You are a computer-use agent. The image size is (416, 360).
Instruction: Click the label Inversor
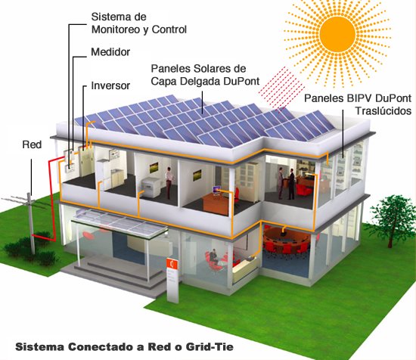tap(110, 85)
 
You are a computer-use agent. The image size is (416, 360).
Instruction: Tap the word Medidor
tap(110, 52)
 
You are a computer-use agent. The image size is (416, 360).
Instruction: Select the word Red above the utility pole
tap(32, 144)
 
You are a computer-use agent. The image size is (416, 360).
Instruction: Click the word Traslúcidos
tap(383, 110)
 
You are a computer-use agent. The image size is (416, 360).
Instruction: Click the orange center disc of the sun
tap(337, 34)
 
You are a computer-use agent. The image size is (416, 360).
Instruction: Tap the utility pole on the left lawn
tap(31, 223)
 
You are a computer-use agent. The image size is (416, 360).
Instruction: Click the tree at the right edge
tap(390, 219)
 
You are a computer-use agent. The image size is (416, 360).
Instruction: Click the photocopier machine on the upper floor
tap(151, 188)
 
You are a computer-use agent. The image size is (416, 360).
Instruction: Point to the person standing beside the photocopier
tap(169, 181)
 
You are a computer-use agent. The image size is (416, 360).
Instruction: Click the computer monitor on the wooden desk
tap(217, 190)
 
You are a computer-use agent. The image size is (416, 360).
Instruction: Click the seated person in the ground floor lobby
tap(213, 256)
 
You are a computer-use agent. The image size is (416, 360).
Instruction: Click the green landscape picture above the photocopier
tap(154, 168)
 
